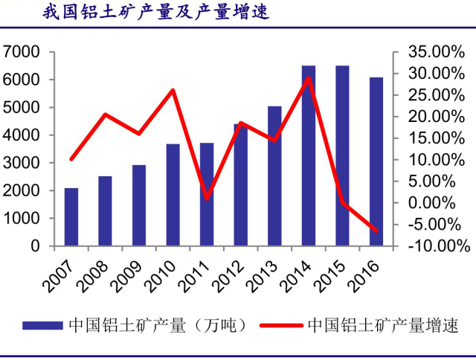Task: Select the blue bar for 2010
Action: (x=173, y=194)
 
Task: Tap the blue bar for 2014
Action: (x=308, y=155)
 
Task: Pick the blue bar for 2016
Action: (x=376, y=161)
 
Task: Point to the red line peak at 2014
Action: (x=308, y=77)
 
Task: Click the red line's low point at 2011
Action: (x=207, y=199)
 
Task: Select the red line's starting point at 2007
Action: (x=71, y=159)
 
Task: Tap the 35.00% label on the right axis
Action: (x=436, y=52)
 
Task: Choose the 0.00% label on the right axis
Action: (x=439, y=203)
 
